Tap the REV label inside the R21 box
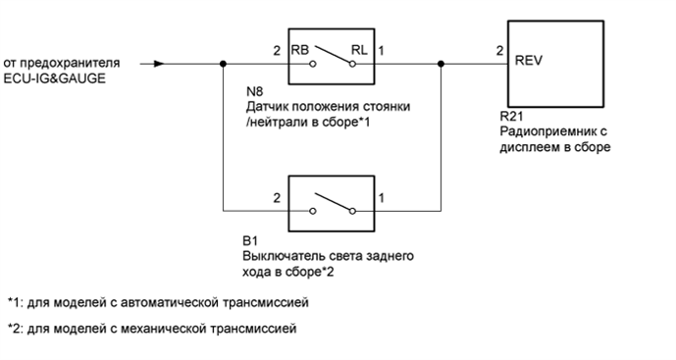click(530, 59)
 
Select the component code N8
click(258, 91)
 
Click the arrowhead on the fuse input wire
click(159, 65)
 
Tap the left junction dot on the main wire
click(225, 65)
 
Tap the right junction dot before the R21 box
click(441, 65)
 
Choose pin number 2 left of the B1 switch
click(278, 197)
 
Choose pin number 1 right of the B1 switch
click(382, 197)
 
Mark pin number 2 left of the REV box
click(499, 50)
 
